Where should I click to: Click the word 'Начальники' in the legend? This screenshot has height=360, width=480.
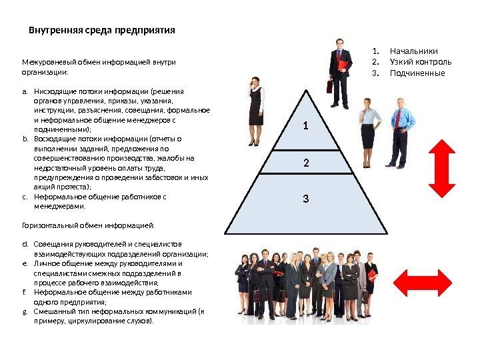pyautogui.click(x=414, y=51)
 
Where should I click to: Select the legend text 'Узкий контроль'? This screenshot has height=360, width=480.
pyautogui.click(x=420, y=62)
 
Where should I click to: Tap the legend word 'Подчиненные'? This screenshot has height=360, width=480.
pyautogui.click(x=417, y=73)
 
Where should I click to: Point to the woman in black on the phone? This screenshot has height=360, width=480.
pyautogui.click(x=255, y=110)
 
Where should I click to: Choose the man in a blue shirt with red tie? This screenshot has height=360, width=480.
pyautogui.click(x=399, y=131)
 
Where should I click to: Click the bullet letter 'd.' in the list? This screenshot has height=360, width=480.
pyautogui.click(x=25, y=244)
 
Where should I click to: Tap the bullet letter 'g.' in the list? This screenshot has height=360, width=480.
pyautogui.click(x=25, y=311)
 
